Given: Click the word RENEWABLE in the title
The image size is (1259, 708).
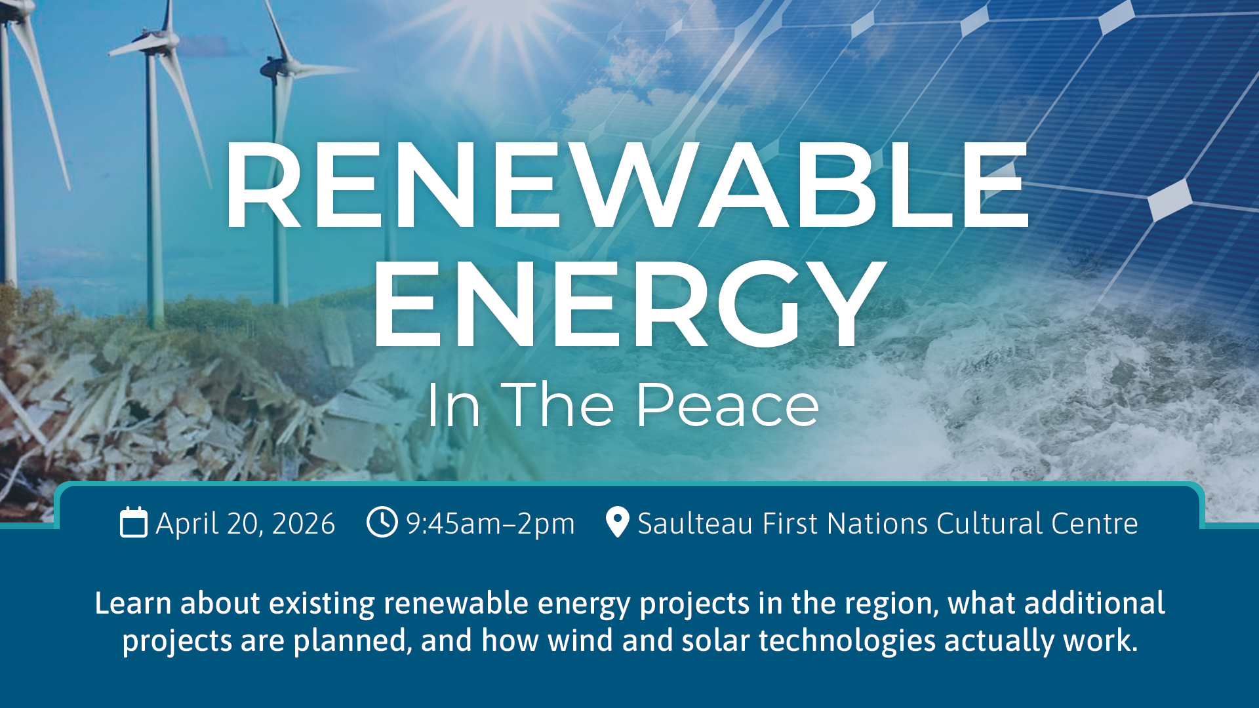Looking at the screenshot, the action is tap(626, 186).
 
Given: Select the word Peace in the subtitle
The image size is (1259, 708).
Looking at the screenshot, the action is tap(727, 405).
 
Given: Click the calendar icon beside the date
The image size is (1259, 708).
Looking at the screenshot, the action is tap(134, 522).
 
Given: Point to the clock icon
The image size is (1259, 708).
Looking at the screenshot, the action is tap(382, 522).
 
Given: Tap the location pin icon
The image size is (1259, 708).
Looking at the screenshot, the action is tap(618, 522).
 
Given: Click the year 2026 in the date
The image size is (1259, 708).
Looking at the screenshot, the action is tap(304, 524).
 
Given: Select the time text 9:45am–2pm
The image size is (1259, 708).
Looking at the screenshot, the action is tap(490, 524).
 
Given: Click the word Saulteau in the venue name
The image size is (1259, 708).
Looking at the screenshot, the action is tap(696, 524).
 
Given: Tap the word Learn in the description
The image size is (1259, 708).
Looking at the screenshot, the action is tap(133, 603).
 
